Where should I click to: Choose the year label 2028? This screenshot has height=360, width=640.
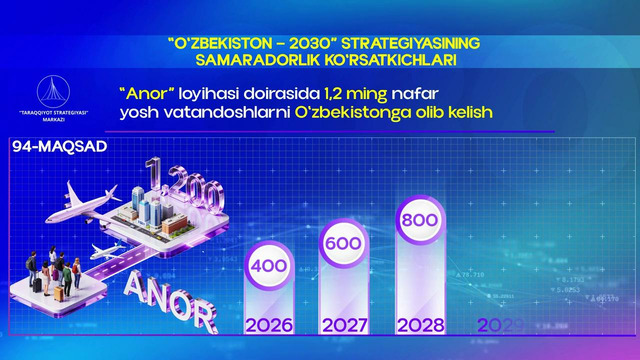click(419, 325)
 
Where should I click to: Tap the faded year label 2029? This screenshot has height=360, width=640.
click(500, 325)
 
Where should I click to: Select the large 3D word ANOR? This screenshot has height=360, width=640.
click(170, 297)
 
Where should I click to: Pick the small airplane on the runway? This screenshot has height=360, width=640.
click(109, 250)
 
